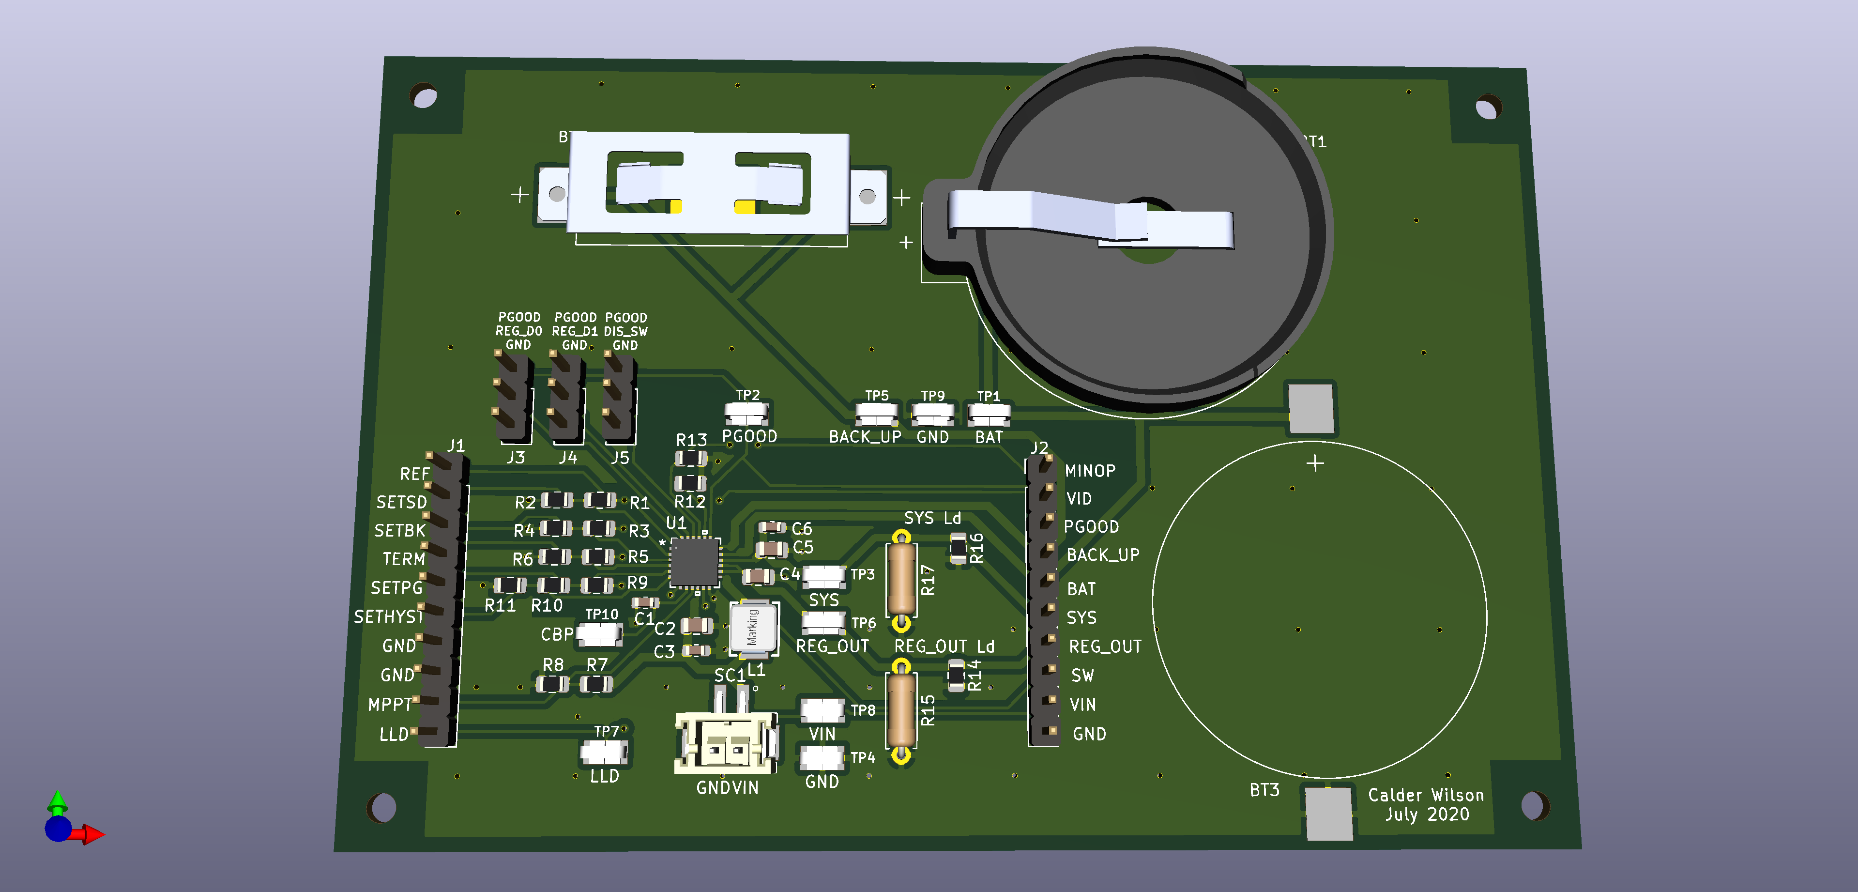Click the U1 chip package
(x=695, y=562)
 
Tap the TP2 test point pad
(x=746, y=414)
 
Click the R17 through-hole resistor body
(x=901, y=579)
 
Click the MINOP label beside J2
(x=1090, y=471)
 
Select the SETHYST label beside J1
(x=388, y=617)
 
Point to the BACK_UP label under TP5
(x=865, y=437)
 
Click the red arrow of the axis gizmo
(x=92, y=835)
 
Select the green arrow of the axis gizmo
(x=57, y=801)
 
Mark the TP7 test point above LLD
(x=604, y=753)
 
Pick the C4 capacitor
(x=758, y=576)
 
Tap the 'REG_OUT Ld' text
(x=944, y=646)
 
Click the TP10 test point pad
(x=599, y=633)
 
